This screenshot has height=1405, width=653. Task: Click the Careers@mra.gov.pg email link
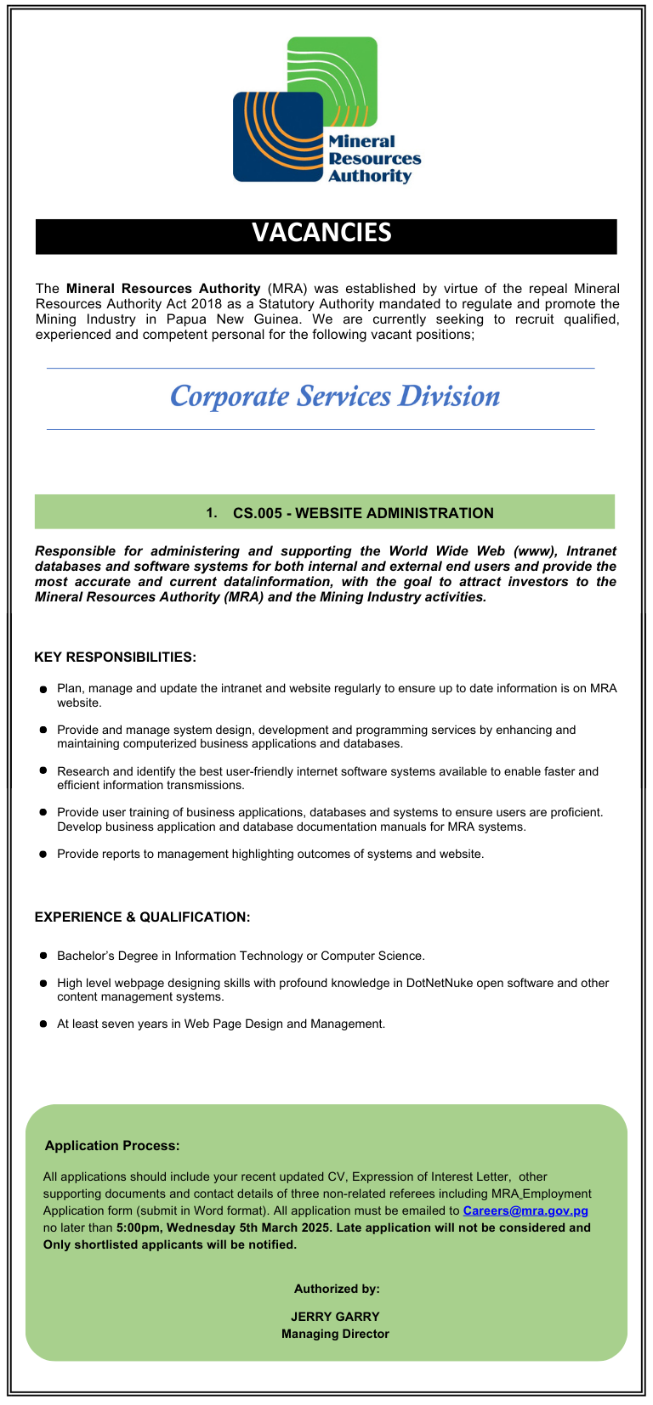(x=525, y=1210)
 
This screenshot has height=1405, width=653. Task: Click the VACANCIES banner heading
(x=321, y=233)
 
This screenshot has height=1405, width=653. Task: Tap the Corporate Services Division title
(x=335, y=397)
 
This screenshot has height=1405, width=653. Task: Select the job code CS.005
(x=257, y=513)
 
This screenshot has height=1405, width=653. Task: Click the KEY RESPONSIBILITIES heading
(x=115, y=657)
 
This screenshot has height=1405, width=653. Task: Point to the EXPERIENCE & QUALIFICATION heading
(x=142, y=917)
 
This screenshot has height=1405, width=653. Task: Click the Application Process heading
(x=112, y=1146)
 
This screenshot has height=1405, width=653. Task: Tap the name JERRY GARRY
(x=335, y=1317)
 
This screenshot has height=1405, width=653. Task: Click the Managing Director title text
(x=335, y=1334)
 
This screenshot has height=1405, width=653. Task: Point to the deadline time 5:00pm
(x=138, y=1227)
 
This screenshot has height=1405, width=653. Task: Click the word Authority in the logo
(x=370, y=177)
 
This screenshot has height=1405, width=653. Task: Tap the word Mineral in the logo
(x=361, y=142)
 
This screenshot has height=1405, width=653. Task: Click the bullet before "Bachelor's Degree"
(x=43, y=956)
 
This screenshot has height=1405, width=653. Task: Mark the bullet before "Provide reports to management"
(x=43, y=855)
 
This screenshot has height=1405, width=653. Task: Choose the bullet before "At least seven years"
(x=43, y=1024)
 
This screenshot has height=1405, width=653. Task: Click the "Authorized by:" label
(x=337, y=1289)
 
